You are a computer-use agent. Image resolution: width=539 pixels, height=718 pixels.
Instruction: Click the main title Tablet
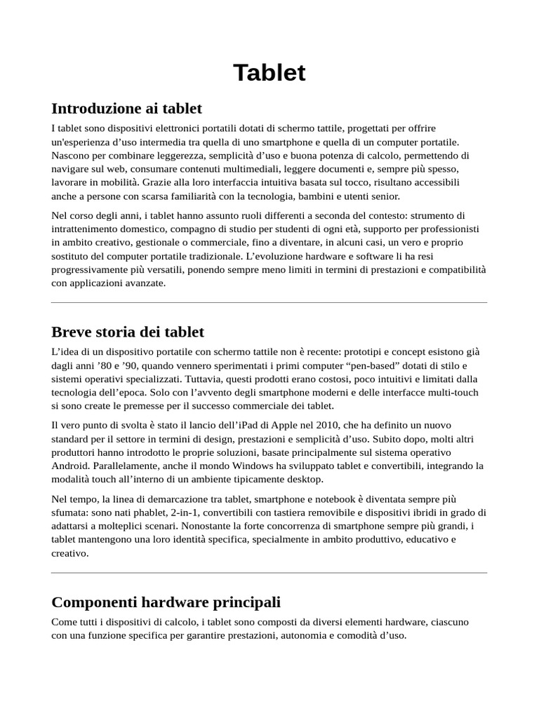click(269, 73)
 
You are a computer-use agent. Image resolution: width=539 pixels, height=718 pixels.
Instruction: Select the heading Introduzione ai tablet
click(126, 109)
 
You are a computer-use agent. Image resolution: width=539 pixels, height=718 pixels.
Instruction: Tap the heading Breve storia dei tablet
click(128, 332)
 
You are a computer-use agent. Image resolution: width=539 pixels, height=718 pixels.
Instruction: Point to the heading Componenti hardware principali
click(166, 602)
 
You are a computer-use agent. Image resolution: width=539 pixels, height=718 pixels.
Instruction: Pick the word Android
click(70, 466)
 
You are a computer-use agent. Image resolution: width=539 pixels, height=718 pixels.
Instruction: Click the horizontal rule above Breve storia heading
click(269, 303)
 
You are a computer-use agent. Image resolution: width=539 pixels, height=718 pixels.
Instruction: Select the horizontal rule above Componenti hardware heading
click(269, 573)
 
